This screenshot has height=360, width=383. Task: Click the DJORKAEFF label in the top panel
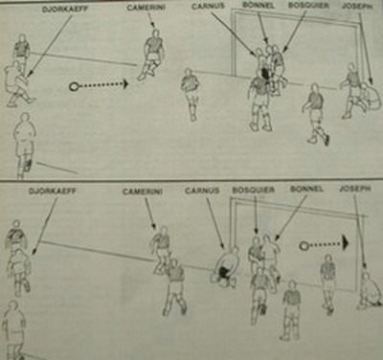[65, 10]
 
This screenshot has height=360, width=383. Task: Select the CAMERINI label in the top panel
[146, 8]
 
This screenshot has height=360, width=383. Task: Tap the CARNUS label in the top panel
[208, 7]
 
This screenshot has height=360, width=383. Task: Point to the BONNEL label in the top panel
[258, 5]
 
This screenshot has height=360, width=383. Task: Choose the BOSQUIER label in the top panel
[308, 6]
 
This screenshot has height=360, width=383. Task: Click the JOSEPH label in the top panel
[357, 6]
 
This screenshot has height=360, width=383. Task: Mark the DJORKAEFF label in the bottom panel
[53, 191]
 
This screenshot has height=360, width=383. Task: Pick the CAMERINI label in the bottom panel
[143, 191]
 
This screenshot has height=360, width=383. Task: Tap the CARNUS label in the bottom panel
[202, 191]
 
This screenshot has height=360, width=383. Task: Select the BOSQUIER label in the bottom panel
[254, 190]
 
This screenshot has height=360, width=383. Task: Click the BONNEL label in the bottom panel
[306, 189]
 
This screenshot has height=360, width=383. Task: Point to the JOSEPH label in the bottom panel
[355, 189]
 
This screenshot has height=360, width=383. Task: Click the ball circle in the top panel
[74, 86]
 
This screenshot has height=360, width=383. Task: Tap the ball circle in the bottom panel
[304, 245]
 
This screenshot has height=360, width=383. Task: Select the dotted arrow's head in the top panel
[125, 84]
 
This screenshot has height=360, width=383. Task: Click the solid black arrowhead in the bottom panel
[346, 243]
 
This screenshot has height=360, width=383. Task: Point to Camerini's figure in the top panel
[151, 55]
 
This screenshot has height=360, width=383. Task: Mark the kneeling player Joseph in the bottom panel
[369, 289]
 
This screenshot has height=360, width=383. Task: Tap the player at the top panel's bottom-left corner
[25, 145]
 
